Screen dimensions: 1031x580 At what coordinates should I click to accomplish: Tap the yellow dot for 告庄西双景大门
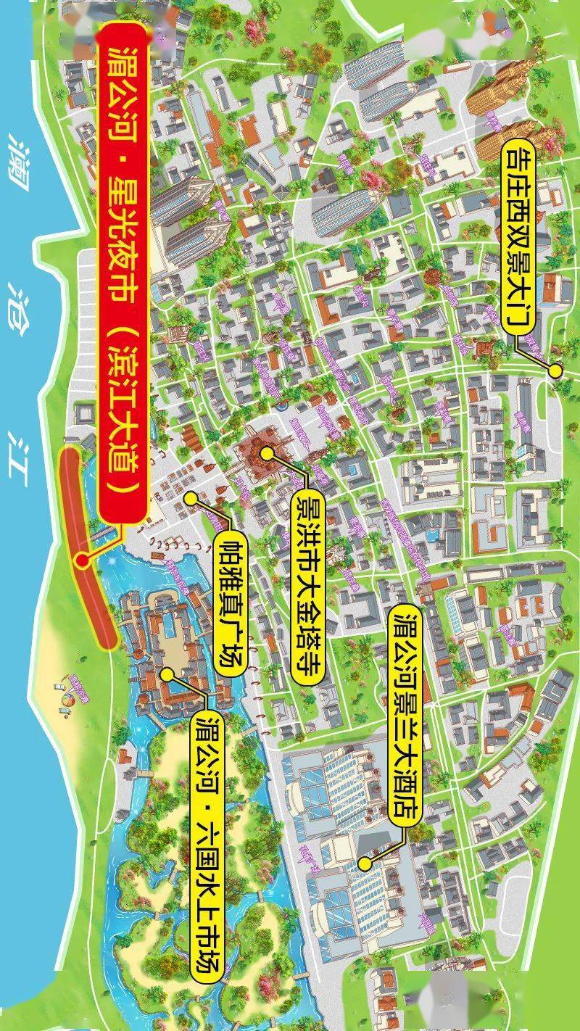[555, 370]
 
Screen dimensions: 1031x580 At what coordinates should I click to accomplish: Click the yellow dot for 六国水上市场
[167, 674]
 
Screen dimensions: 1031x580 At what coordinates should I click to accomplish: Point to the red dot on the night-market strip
[83, 560]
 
